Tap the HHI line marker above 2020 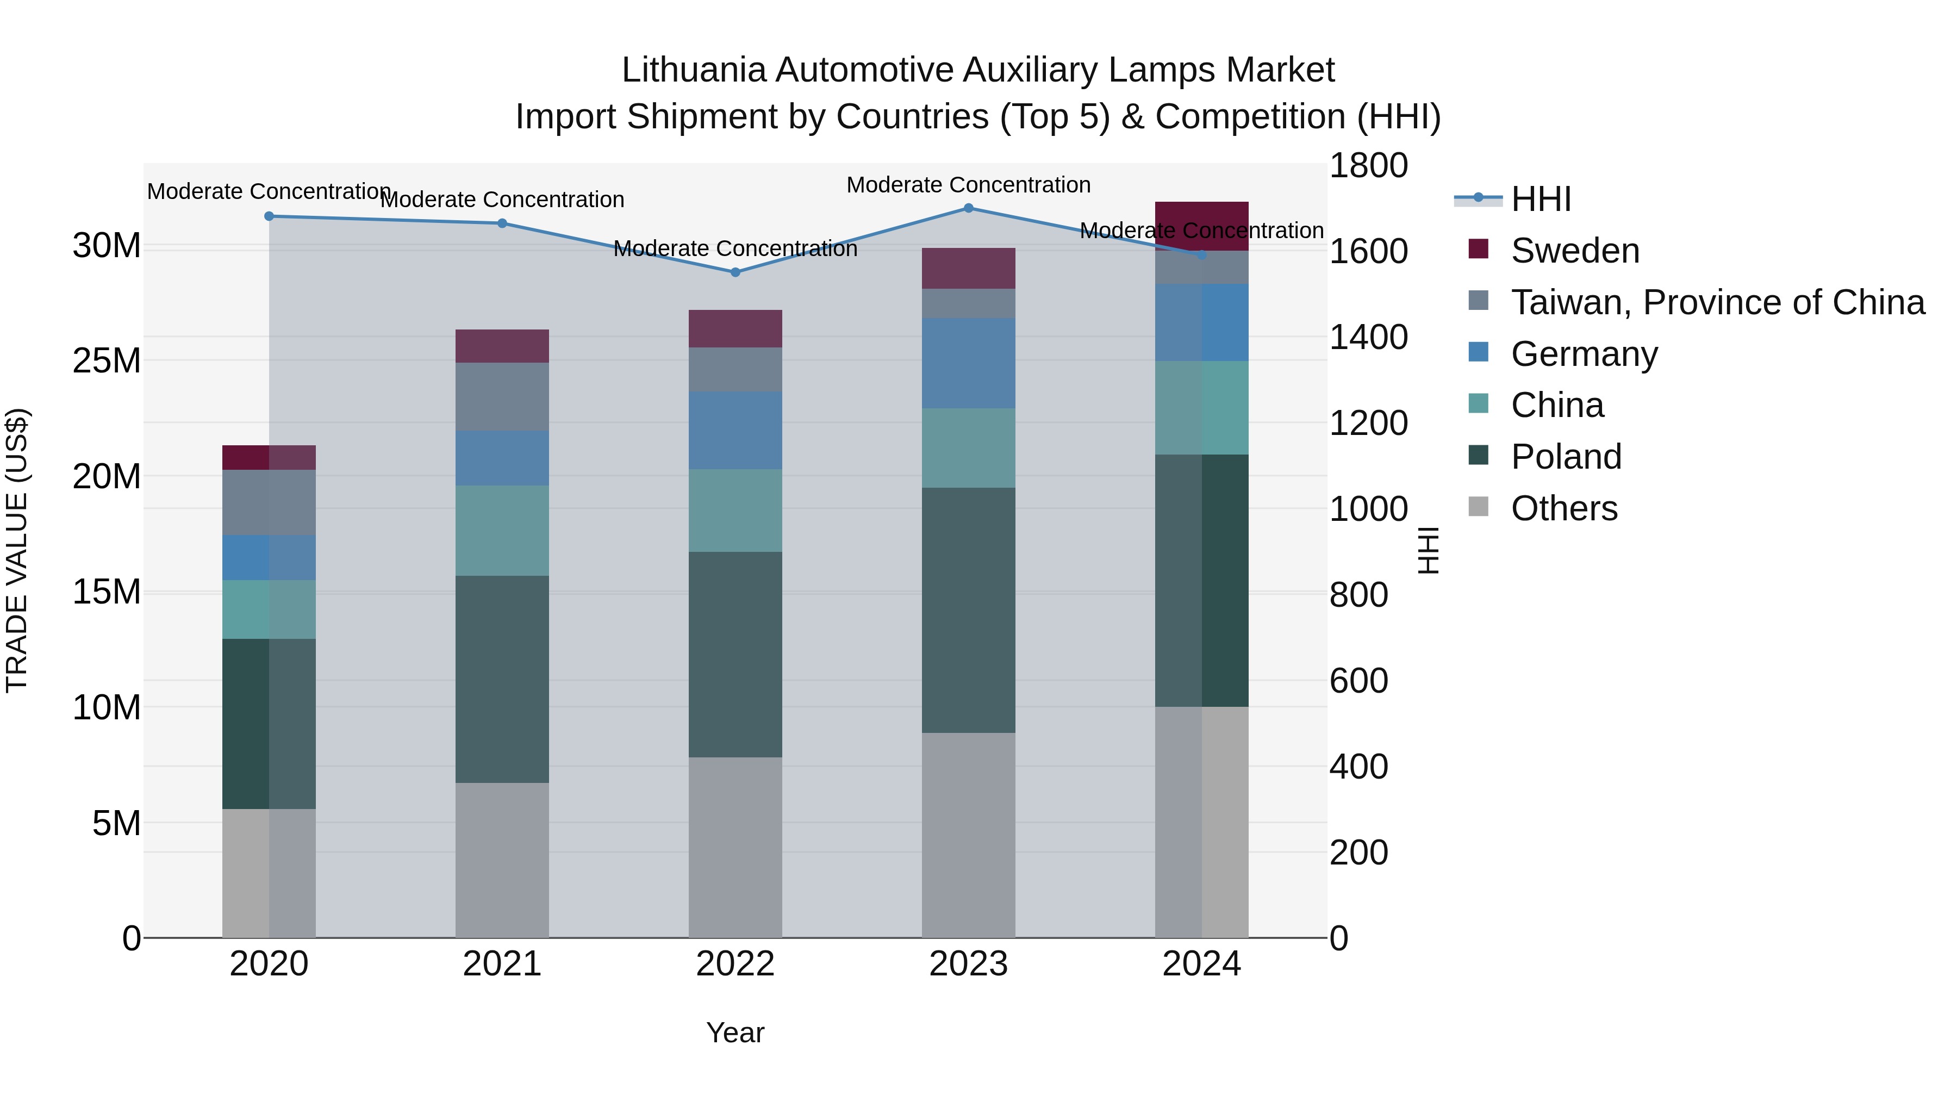(x=269, y=216)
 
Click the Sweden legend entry (x=1574, y=251)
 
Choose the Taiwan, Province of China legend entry (x=1717, y=302)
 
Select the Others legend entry (x=1563, y=508)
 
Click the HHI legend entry (x=1541, y=199)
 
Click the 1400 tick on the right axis (x=1368, y=337)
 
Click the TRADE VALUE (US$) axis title (x=17, y=550)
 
